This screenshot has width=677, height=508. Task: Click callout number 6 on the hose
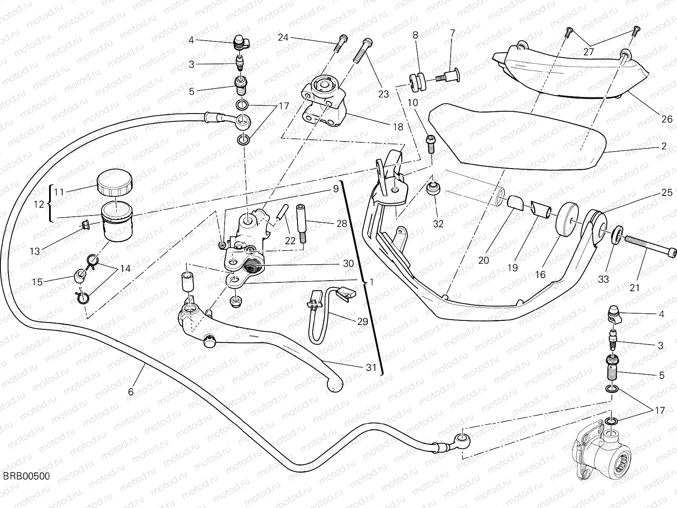[x=131, y=392]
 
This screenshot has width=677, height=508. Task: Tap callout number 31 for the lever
[x=371, y=367]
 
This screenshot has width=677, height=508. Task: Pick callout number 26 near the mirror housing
[x=667, y=119]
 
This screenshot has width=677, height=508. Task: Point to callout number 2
[x=663, y=146]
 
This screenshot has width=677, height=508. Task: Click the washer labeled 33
[x=617, y=234]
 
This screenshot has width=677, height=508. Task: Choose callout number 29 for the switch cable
[x=362, y=321]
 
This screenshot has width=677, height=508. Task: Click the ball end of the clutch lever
[x=336, y=386]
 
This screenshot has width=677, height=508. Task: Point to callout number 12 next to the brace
[x=39, y=204]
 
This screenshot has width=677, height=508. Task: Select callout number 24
[x=283, y=38]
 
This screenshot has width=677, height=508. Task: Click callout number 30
[x=348, y=264]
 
